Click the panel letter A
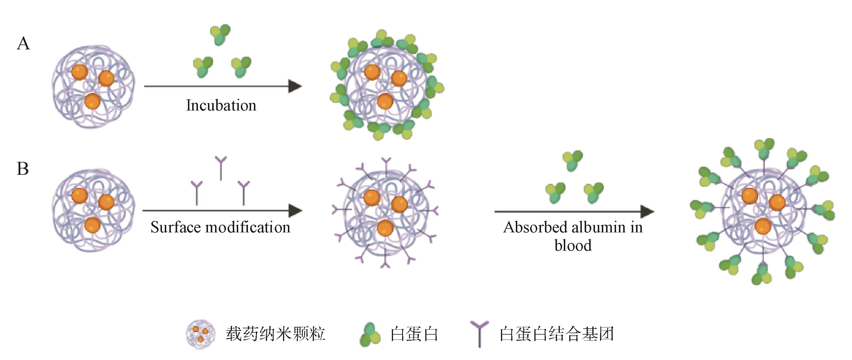tap(23, 44)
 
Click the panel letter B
tap(23, 169)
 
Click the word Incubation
tap(221, 105)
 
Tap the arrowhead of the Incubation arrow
tap(295, 86)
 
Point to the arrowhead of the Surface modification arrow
tap(295, 211)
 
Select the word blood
tap(573, 246)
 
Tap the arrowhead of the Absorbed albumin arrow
tap(647, 212)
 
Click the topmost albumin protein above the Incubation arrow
tap(220, 34)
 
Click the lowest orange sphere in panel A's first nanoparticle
tap(92, 101)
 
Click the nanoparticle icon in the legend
tap(200, 334)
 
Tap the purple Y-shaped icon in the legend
tap(479, 334)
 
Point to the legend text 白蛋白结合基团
tap(556, 334)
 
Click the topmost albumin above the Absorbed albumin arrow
tap(572, 161)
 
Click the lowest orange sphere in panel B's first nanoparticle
tap(92, 225)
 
